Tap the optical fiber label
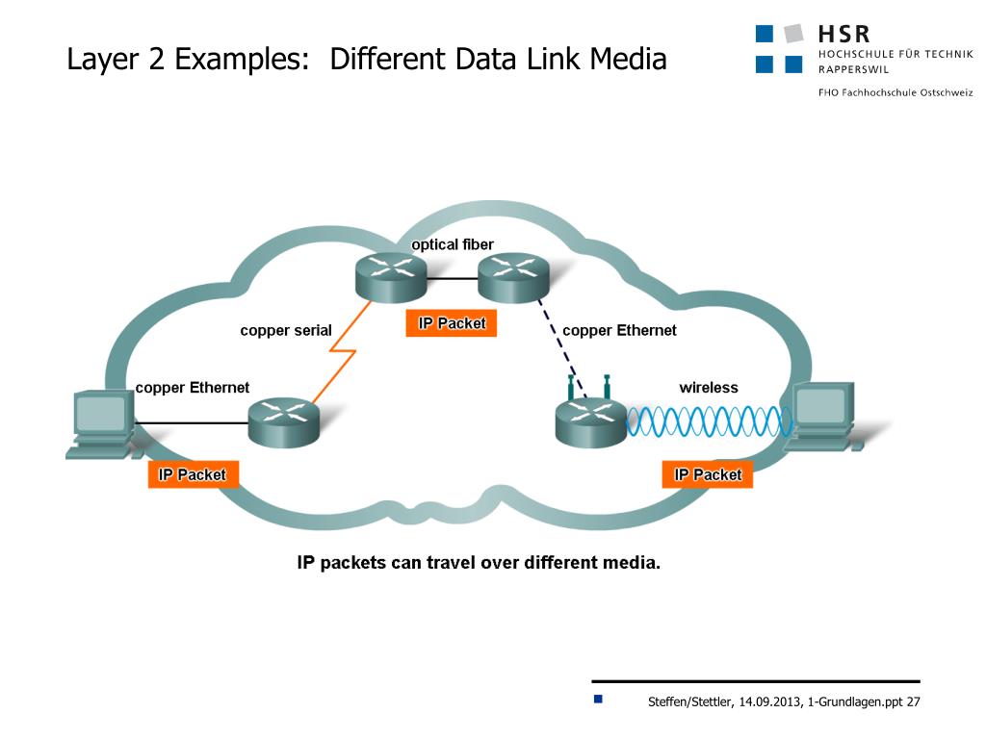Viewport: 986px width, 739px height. [x=453, y=244]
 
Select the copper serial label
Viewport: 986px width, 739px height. [x=286, y=331]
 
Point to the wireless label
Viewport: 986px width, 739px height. [x=709, y=388]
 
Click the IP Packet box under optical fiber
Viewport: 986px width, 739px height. [x=452, y=323]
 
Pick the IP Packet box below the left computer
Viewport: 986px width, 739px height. [x=193, y=474]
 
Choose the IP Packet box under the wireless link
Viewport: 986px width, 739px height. [x=708, y=474]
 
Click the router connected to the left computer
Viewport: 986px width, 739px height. [x=283, y=421]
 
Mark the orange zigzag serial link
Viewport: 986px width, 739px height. [x=339, y=361]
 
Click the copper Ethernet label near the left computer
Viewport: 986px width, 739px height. [x=193, y=388]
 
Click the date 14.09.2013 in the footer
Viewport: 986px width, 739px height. [x=770, y=701]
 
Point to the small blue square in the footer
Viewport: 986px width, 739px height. [x=598, y=699]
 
